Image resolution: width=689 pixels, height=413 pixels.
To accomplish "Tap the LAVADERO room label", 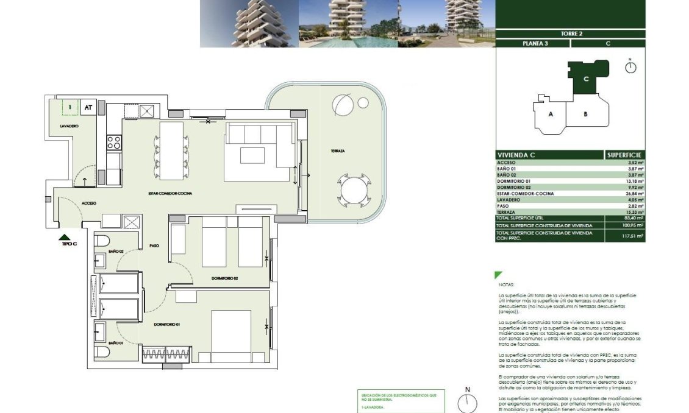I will pos(69,125).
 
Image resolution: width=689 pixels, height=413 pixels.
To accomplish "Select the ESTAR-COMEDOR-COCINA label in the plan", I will pos(170,193).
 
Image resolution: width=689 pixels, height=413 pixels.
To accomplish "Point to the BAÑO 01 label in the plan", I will pos(116,344).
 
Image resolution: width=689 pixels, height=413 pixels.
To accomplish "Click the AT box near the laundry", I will pos(88,107).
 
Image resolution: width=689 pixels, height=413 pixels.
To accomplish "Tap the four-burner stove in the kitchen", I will pos(114,143).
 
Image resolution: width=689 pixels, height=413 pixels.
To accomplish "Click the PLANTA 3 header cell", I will pos(533,43).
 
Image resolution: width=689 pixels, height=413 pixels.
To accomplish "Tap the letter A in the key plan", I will pos(551,114).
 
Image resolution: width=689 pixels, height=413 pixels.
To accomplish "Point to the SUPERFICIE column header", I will pos(624,155).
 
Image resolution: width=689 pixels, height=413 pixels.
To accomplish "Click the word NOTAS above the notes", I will pos(507,284).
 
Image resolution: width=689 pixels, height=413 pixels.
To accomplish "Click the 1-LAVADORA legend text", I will pos(373,408).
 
